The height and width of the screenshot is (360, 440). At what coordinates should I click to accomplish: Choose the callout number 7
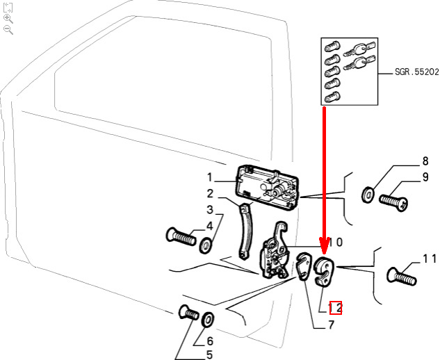pos(331,324)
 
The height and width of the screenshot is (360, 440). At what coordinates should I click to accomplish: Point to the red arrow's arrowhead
pos(324,247)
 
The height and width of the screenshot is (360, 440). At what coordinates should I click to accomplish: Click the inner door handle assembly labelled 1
pos(268,185)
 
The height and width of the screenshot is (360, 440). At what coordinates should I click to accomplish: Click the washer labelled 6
pos(208,320)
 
